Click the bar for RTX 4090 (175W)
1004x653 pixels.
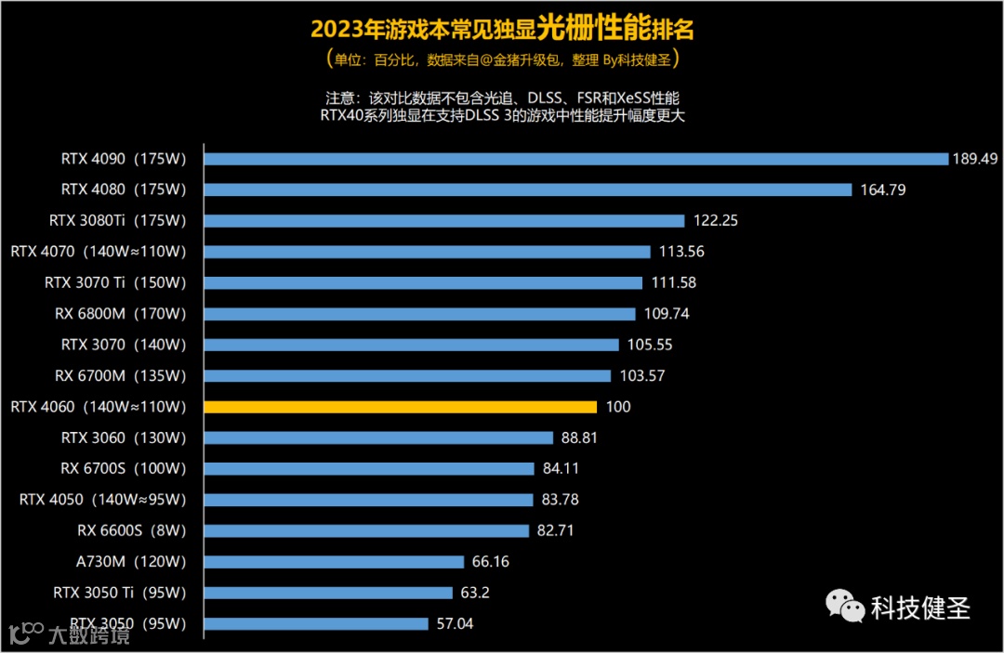coord(575,159)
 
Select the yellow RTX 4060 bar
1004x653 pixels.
coord(400,407)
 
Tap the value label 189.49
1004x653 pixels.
coord(974,159)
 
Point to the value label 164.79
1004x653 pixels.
coord(882,189)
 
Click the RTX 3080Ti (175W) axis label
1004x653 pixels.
coord(118,221)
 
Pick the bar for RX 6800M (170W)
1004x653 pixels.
coord(419,314)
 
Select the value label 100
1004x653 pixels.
coord(617,407)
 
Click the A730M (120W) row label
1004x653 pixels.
coord(131,562)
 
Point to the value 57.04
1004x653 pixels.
coord(455,624)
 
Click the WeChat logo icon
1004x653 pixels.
coord(845,607)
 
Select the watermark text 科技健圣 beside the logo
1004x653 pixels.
coord(920,607)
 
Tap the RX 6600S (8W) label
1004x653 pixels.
coord(132,530)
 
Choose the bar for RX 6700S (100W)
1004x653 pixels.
coord(369,469)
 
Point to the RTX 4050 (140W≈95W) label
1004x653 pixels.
coord(103,500)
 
